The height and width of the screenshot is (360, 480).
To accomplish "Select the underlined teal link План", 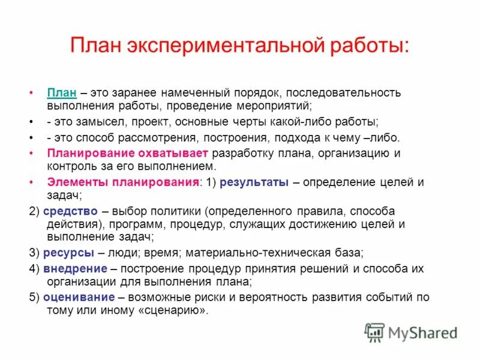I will click(x=61, y=93).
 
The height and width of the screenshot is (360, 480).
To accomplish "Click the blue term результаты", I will click(x=254, y=182).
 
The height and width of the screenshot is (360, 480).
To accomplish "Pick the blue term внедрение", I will click(x=75, y=268).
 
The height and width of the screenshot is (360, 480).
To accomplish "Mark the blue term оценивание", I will click(x=78, y=298).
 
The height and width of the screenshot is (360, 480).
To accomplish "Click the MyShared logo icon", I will click(x=374, y=332).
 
